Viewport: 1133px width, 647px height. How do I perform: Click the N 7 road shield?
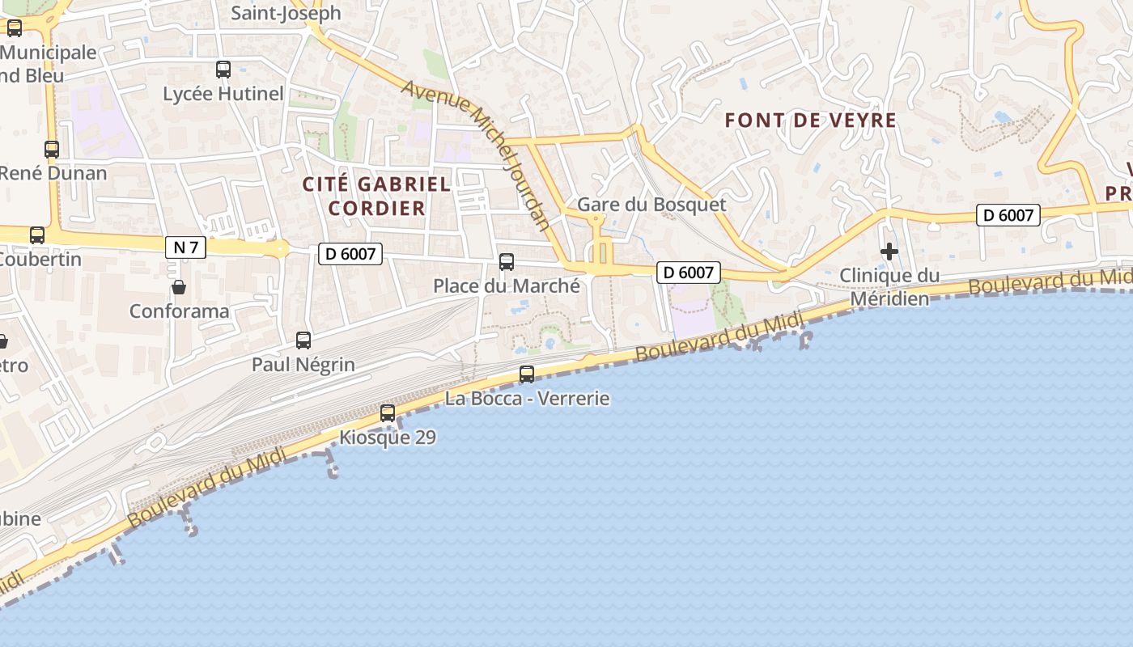[185, 247]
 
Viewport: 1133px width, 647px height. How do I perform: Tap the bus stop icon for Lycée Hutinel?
[223, 70]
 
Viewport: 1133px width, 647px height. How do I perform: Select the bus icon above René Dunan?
[52, 149]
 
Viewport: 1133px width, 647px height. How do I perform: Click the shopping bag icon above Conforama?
[179, 287]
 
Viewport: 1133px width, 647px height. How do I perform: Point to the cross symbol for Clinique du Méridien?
[889, 252]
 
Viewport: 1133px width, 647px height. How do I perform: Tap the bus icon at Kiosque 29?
[388, 413]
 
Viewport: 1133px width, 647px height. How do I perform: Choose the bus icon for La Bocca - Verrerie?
[527, 374]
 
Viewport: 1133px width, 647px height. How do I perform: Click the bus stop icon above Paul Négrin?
[303, 340]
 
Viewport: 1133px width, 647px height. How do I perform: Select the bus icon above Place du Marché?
[507, 262]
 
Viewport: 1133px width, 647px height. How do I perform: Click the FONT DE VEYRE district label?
[810, 121]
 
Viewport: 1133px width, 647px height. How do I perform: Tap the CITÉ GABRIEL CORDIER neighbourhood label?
[376, 196]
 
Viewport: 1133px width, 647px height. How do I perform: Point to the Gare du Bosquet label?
[651, 205]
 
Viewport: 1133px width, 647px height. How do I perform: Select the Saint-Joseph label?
[286, 14]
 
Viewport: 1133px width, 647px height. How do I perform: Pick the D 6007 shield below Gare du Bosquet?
[688, 273]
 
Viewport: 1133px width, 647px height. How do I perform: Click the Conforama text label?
[179, 311]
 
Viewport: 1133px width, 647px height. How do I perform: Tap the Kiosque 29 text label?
[388, 438]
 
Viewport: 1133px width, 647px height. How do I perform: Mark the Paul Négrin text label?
[303, 365]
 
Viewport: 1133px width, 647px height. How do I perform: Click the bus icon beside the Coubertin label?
[37, 235]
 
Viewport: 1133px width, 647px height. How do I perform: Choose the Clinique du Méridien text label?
[889, 287]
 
